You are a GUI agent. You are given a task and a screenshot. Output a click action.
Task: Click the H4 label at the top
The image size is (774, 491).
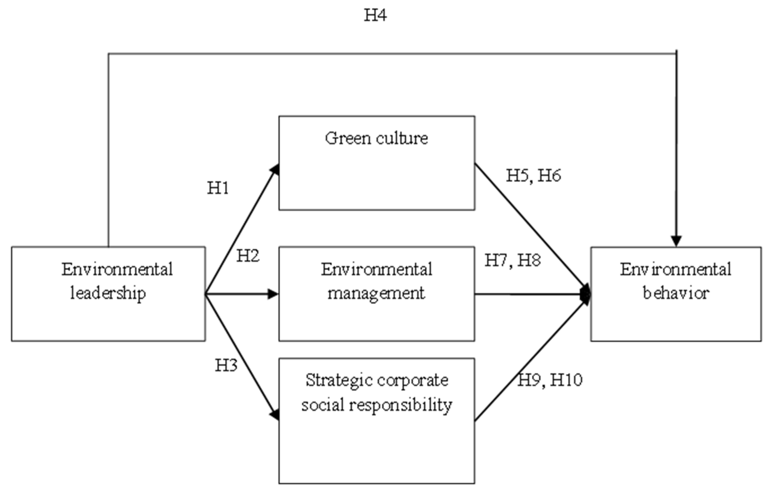coord(375,15)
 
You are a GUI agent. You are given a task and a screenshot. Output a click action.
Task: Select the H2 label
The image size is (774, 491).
coord(248,256)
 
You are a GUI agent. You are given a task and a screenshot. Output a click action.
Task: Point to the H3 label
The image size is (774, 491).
coord(226,365)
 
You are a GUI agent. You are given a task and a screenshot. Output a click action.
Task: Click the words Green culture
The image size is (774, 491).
coord(376,138)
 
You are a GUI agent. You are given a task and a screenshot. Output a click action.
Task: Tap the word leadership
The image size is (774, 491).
coord(108,293)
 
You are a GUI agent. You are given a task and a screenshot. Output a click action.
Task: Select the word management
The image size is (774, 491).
coord(376,293)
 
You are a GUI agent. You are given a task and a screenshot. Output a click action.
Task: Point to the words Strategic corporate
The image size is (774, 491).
coord(377,380)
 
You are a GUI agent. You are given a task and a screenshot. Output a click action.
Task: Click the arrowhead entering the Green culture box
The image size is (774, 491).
coord(275,169)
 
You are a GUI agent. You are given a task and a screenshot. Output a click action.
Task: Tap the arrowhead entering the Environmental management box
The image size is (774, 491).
coord(273,294)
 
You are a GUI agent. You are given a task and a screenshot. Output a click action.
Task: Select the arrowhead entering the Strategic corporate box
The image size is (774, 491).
coord(275,415)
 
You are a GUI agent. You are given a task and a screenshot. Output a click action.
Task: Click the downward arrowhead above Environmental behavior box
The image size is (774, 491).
coord(676,241)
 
